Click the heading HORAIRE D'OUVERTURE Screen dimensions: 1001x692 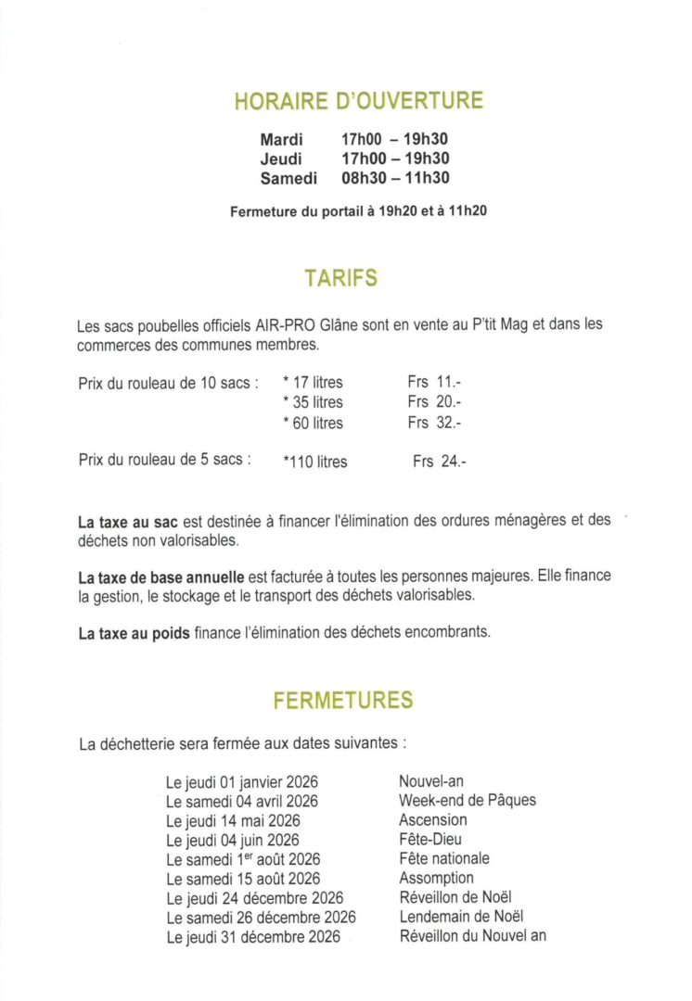(x=359, y=101)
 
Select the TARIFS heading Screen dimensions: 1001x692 (x=340, y=278)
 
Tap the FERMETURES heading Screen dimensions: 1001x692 (x=343, y=701)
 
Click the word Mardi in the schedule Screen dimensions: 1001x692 (x=281, y=140)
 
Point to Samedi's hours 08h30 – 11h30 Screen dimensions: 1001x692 (x=395, y=178)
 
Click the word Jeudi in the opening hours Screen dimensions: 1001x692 (x=281, y=159)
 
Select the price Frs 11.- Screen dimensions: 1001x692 (x=434, y=381)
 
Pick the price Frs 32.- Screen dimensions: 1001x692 (x=434, y=423)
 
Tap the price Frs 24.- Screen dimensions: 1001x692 (x=440, y=461)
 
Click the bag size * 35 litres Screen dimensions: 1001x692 (x=313, y=402)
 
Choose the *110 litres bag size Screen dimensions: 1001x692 (x=315, y=462)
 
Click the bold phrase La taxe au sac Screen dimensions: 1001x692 (x=127, y=522)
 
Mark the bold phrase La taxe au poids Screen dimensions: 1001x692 (x=134, y=634)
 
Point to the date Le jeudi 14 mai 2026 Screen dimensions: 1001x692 (x=233, y=820)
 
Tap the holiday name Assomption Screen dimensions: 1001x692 (x=436, y=878)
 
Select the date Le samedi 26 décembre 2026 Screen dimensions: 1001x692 (x=261, y=917)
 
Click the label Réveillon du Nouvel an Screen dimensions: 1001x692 (x=472, y=935)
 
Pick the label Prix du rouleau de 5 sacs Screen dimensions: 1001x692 (x=165, y=459)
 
